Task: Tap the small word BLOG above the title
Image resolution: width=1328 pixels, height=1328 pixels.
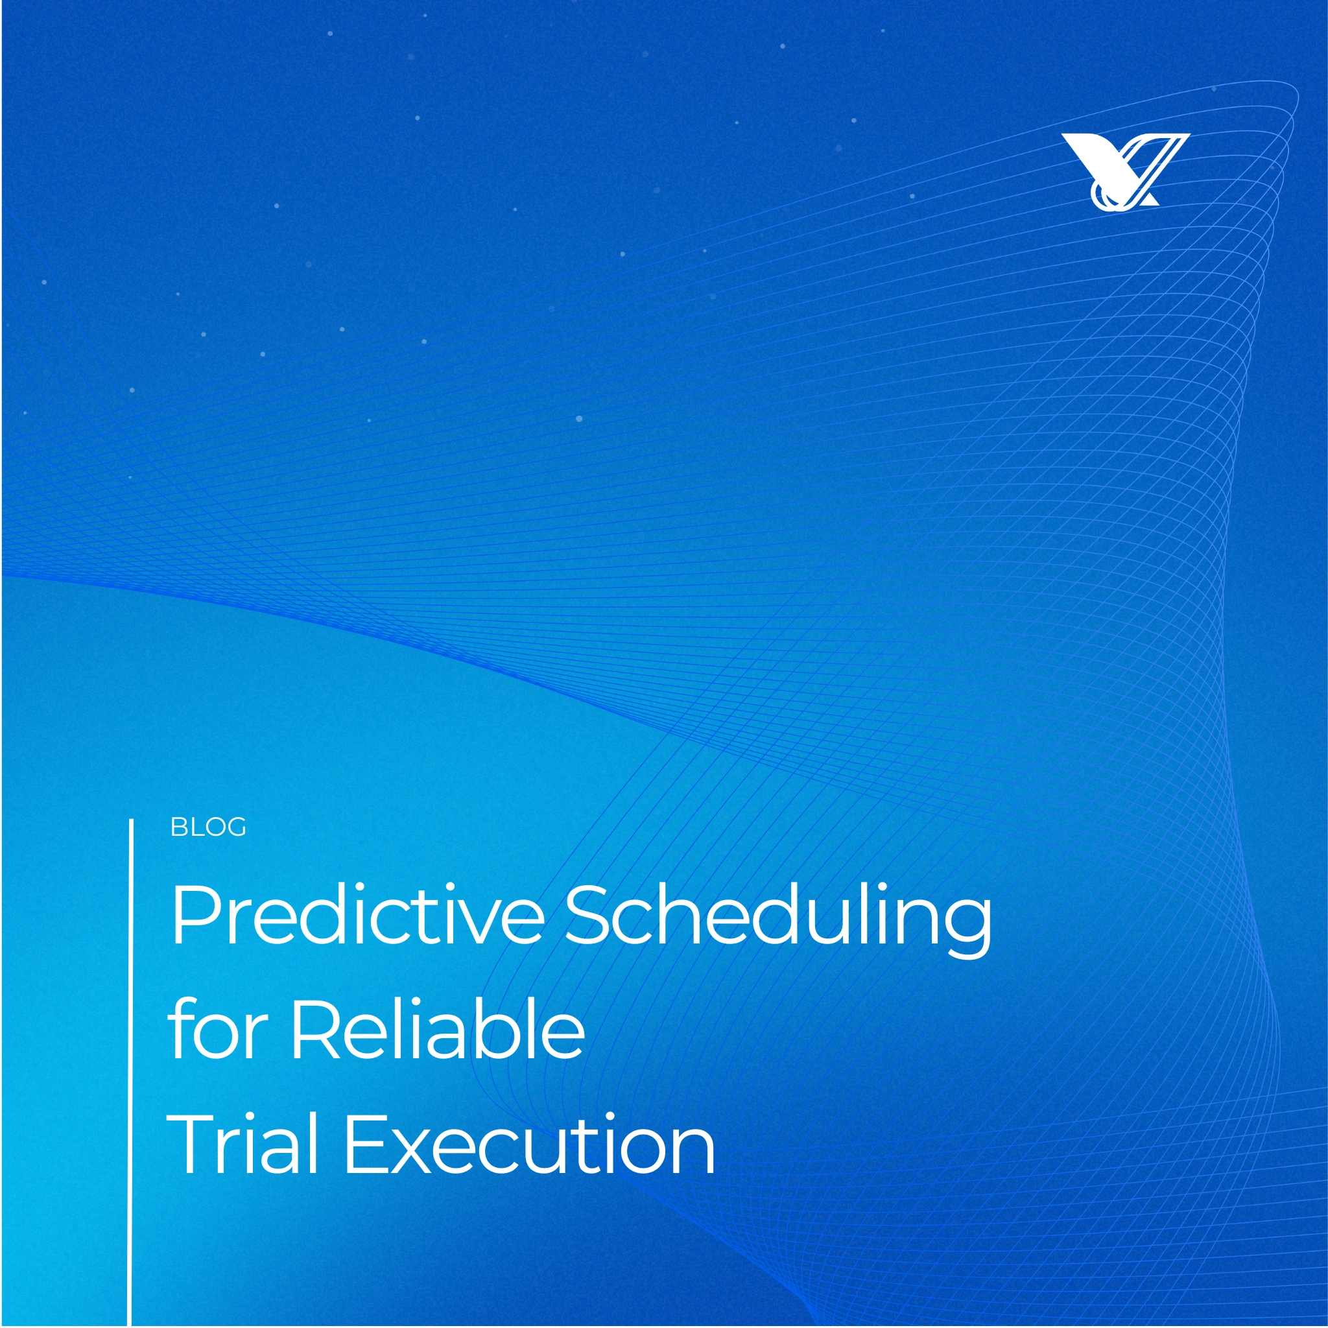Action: [x=207, y=827]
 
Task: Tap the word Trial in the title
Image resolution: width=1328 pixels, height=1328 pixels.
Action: [x=242, y=1144]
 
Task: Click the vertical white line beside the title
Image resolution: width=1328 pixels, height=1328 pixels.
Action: [x=130, y=1073]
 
